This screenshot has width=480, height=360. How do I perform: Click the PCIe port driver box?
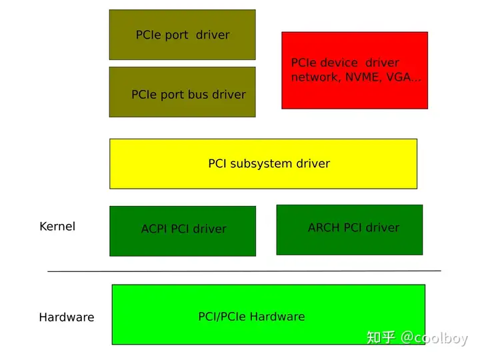coord(182,35)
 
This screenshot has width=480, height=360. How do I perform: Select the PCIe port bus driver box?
coord(182,92)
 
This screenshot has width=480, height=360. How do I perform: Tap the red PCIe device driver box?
coord(355,70)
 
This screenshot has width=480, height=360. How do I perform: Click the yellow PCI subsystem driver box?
coord(263,163)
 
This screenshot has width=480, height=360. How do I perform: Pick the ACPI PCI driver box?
coord(182,231)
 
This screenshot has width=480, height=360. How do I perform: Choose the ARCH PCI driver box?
coord(349,229)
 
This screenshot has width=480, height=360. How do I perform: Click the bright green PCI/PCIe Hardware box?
coord(268,315)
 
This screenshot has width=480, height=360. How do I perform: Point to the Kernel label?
coord(57,226)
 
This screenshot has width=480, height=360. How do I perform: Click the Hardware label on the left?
coord(66,317)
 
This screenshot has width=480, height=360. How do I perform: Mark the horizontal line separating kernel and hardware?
coord(244,271)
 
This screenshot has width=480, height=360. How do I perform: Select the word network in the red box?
coord(313,77)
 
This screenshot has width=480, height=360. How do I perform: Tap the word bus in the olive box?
coord(199,95)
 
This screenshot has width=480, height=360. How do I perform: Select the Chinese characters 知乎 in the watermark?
coord(381,338)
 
